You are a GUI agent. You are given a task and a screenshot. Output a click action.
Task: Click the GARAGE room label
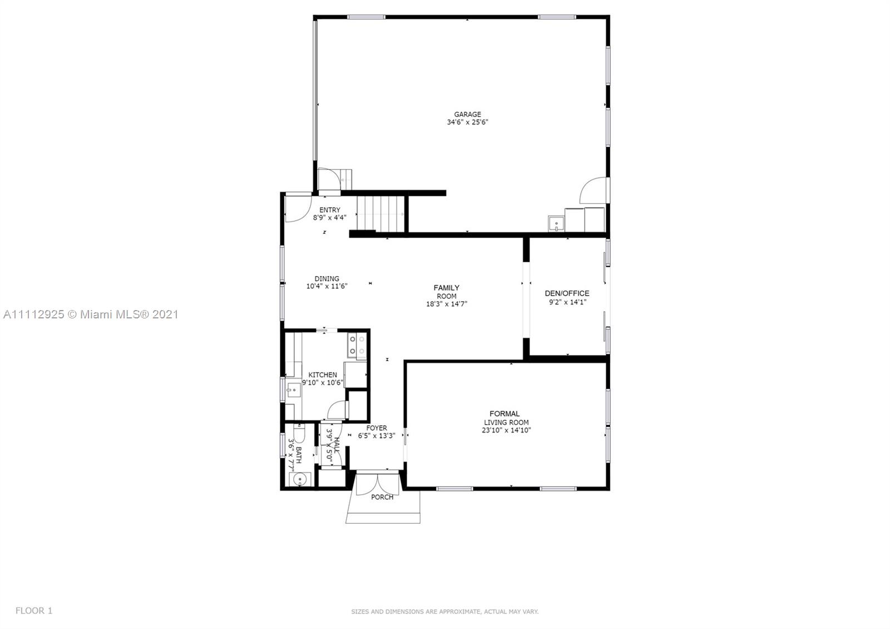pyautogui.click(x=467, y=115)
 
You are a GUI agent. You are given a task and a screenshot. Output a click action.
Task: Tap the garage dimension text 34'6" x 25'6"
pyautogui.click(x=467, y=122)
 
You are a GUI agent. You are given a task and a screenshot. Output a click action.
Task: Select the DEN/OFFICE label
pyautogui.click(x=567, y=293)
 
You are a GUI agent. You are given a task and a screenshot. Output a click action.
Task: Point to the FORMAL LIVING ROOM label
pyautogui.click(x=506, y=418)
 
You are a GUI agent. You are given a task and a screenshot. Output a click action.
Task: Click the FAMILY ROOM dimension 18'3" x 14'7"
pyautogui.click(x=447, y=304)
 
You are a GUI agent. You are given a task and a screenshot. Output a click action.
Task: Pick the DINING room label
pyautogui.click(x=327, y=279)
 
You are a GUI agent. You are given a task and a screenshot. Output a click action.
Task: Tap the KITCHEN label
pyautogui.click(x=323, y=375)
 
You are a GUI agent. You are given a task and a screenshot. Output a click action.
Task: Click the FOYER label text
pyautogui.click(x=377, y=428)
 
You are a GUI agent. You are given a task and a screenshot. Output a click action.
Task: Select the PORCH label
pyautogui.click(x=382, y=498)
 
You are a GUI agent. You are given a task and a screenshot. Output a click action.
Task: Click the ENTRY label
pyautogui.click(x=330, y=210)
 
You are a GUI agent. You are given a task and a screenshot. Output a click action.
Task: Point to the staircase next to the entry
pyautogui.click(x=380, y=213)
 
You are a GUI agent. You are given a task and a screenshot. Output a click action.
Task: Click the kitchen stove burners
pyautogui.click(x=357, y=346)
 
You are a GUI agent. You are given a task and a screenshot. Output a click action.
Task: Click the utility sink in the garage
pyautogui.click(x=556, y=223)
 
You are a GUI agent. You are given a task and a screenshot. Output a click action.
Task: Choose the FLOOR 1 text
pyautogui.click(x=34, y=610)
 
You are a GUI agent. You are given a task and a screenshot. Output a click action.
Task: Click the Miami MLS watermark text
pyautogui.click(x=91, y=314)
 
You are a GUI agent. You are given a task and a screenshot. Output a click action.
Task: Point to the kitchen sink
pyautogui.click(x=294, y=390)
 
